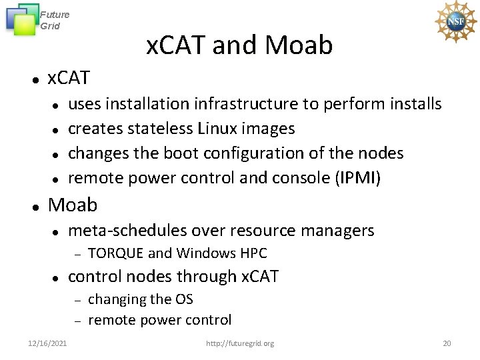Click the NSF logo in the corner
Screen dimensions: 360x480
click(x=455, y=21)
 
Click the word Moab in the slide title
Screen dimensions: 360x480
click(x=298, y=45)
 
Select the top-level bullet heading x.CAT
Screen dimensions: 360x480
click(x=68, y=79)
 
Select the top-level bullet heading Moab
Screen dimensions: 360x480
click(x=73, y=205)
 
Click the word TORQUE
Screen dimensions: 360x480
click(x=115, y=253)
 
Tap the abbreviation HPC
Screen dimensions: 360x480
click(x=251, y=253)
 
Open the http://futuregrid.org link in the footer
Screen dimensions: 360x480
click(x=240, y=343)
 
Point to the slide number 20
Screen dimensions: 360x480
click(x=447, y=343)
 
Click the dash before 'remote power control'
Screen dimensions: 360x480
click(x=77, y=321)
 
